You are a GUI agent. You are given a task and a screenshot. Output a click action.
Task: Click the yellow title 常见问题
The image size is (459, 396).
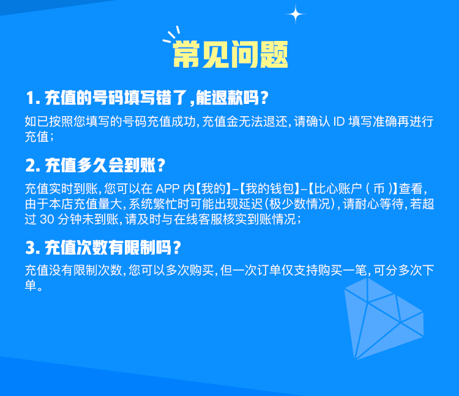coord(230,54)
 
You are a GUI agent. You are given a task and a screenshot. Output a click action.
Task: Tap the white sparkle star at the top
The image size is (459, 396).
coord(296,14)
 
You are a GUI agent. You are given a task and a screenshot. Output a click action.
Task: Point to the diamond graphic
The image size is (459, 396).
coord(384,318)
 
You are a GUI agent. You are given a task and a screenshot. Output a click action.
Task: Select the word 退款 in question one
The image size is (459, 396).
coord(227,98)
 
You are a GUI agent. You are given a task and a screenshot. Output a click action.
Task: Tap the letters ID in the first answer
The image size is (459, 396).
coord(339,122)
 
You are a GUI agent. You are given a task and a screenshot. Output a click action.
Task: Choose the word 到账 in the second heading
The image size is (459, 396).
coord(140,166)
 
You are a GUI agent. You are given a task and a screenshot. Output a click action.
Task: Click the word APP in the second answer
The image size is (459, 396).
coord(168,189)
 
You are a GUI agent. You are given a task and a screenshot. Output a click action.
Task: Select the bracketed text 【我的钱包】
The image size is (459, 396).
coord(270,189)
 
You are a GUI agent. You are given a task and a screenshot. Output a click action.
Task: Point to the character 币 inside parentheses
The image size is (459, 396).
coord(379,189)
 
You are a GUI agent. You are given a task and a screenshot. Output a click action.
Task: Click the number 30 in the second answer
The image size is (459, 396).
coord(47,219)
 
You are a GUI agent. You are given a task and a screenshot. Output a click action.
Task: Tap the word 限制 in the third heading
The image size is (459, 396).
coord(140,248)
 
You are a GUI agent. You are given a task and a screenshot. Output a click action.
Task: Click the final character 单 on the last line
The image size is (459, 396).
coord(31,285)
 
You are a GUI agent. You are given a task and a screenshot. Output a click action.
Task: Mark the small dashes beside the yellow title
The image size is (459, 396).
coord(171,35)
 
